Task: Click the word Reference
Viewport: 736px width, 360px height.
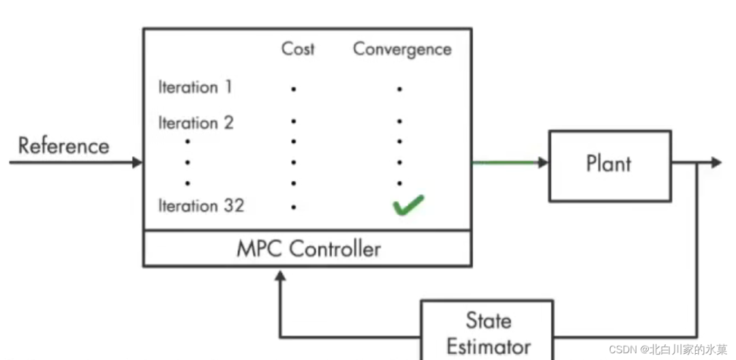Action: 63,146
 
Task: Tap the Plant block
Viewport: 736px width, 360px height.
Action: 609,165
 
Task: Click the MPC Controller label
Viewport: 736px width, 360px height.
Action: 308,249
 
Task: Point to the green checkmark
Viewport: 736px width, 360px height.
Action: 408,205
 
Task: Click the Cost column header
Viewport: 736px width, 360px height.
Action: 298,49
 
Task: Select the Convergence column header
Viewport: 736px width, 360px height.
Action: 402,49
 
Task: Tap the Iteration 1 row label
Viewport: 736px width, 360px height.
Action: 195,87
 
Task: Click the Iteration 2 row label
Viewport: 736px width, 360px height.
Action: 196,123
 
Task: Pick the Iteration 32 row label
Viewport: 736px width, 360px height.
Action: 200,206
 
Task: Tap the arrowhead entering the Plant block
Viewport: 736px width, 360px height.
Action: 543,162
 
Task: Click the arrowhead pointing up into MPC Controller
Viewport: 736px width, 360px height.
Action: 280,275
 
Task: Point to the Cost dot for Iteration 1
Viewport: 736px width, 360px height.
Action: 294,89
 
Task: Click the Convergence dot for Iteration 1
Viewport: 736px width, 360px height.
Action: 399,89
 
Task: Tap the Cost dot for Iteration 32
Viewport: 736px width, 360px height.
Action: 294,207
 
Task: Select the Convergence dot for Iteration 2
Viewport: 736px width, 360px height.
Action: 399,122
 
